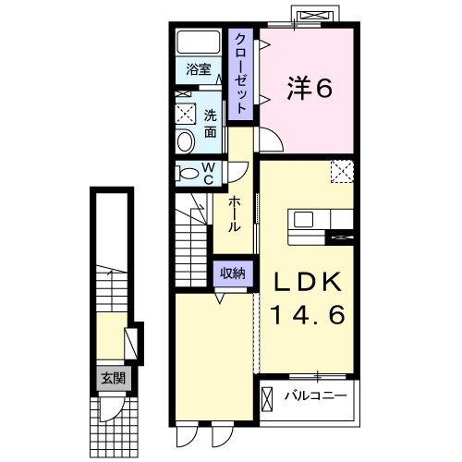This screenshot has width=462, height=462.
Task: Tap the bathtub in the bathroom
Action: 198,43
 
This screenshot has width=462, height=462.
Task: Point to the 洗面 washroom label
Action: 211,125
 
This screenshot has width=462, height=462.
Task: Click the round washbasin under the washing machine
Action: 185,141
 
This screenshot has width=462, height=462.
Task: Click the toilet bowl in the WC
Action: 188,172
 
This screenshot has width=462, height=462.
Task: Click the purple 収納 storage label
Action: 233,273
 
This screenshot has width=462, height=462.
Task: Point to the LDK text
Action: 307,282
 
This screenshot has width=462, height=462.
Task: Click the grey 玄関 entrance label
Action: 112,377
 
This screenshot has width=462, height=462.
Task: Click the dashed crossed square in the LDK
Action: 342,171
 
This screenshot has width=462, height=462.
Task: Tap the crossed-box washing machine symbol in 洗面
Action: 186,115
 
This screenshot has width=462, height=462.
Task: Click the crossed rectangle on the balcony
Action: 269,399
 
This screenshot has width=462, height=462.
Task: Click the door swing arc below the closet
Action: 269,140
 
